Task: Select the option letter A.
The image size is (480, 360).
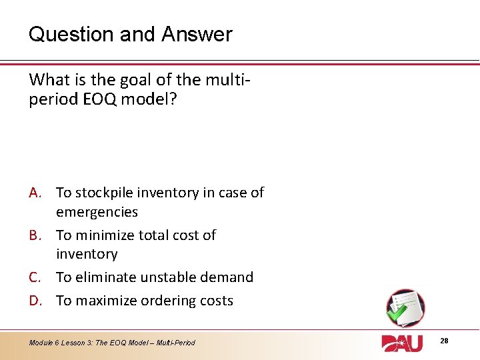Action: [37, 193]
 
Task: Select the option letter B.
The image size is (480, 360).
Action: [37, 235]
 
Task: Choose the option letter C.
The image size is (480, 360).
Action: [37, 277]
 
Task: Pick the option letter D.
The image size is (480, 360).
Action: [37, 301]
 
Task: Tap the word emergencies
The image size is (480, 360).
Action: [97, 213]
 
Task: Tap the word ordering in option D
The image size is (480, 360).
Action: [169, 301]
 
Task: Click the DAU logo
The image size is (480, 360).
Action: [403, 343]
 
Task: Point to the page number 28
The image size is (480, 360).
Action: [444, 341]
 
